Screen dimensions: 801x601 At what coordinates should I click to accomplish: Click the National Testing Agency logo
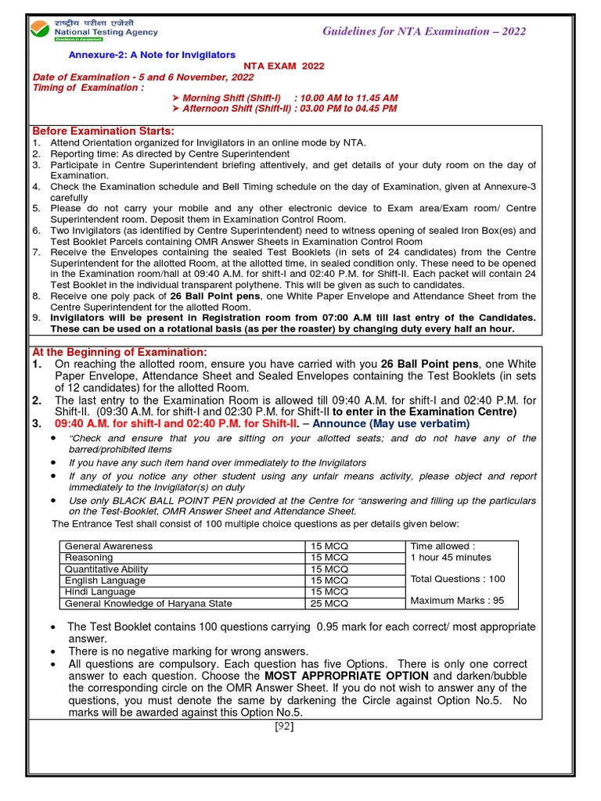tap(93, 28)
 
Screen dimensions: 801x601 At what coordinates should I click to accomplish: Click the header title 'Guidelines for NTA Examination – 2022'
tap(424, 31)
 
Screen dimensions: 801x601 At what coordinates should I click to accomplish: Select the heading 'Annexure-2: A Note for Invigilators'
tap(152, 55)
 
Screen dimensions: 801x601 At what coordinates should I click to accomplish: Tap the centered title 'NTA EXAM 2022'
tap(283, 66)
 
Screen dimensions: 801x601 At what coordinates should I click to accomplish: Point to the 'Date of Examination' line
tap(131, 77)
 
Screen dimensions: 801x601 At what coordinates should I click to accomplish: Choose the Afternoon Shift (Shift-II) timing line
tap(290, 109)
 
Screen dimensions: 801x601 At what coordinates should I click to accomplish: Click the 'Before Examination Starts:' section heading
tap(103, 131)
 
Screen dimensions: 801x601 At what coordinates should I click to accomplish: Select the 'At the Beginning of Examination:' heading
tap(119, 352)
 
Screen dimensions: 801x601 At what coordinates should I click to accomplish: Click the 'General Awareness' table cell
tap(109, 546)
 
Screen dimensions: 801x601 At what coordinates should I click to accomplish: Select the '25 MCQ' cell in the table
tap(329, 604)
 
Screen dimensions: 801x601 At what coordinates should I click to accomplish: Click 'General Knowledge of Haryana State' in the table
tap(149, 604)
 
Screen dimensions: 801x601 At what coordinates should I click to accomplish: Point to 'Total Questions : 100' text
tap(458, 579)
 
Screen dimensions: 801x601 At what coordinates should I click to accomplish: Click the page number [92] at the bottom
tap(283, 726)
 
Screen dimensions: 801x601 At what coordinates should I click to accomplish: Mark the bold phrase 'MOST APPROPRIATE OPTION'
tap(346, 676)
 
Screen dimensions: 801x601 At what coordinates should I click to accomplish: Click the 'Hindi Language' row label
tap(101, 592)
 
